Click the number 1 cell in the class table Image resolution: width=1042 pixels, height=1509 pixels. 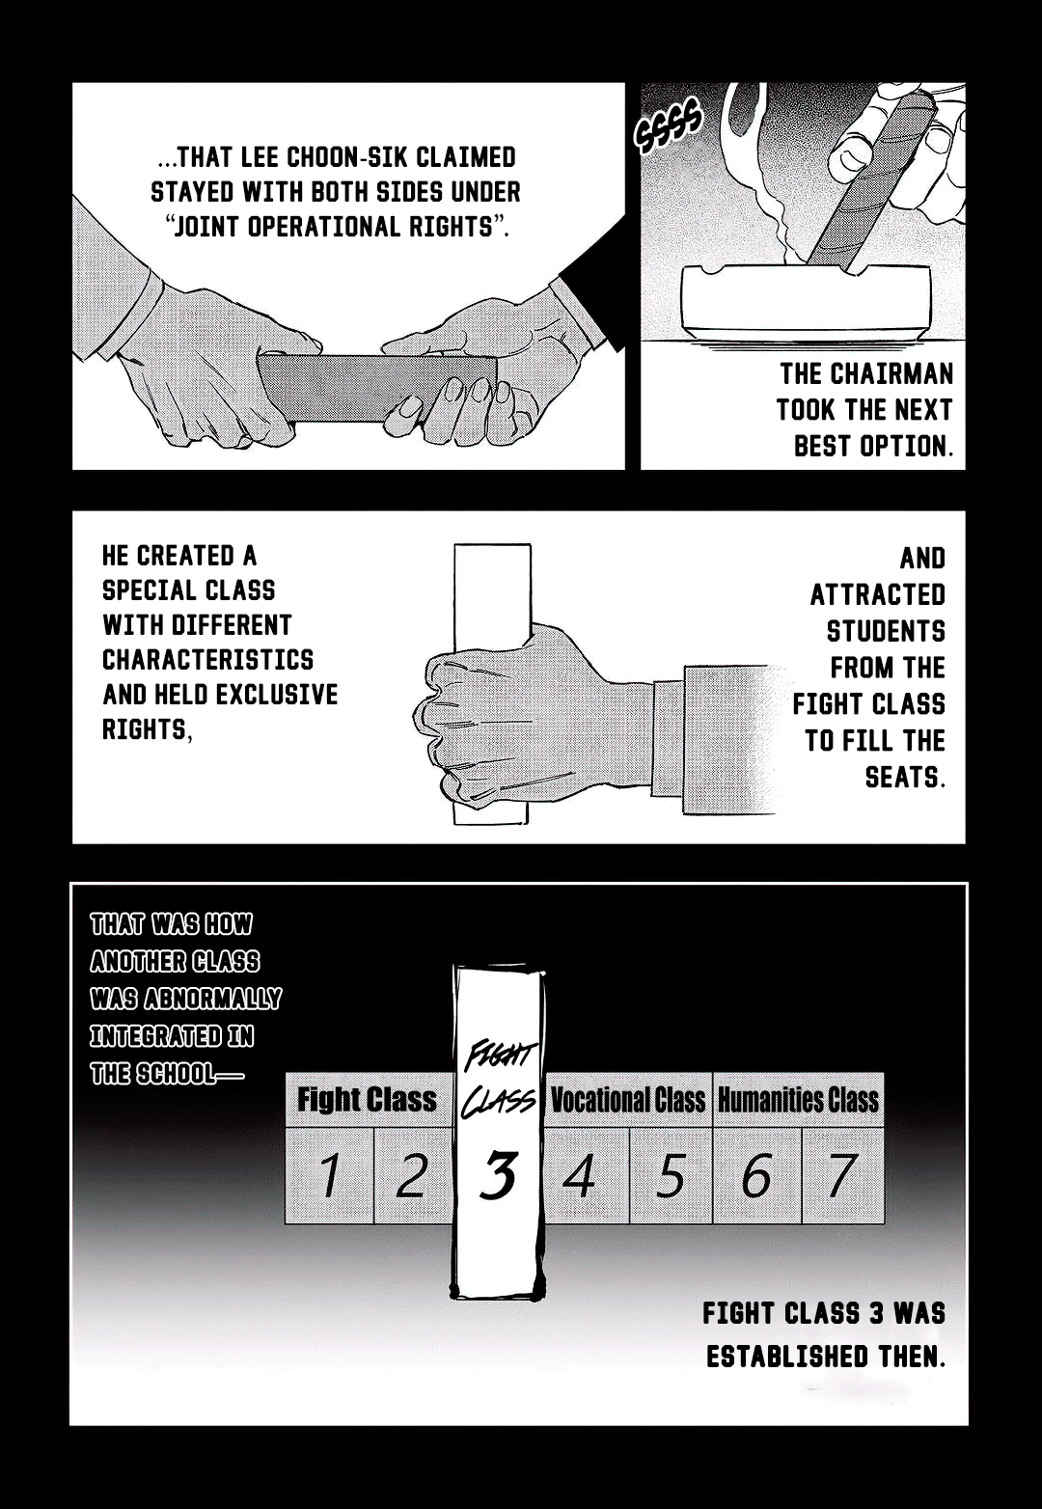[329, 1175]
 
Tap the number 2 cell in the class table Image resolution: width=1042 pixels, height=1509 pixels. [412, 1175]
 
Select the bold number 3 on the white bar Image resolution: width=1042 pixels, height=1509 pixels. [499, 1175]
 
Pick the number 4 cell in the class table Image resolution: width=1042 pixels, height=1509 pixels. [580, 1175]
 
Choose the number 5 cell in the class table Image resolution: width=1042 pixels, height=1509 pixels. [671, 1175]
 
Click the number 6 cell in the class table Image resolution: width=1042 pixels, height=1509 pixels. [756, 1175]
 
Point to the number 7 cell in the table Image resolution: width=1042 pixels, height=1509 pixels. [841, 1175]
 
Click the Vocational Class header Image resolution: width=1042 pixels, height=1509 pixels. [627, 1100]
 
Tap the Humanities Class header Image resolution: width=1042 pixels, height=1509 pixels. [798, 1100]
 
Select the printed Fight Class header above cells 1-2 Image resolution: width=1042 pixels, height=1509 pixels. [367, 1100]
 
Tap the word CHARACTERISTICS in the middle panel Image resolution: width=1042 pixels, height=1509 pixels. [208, 660]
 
